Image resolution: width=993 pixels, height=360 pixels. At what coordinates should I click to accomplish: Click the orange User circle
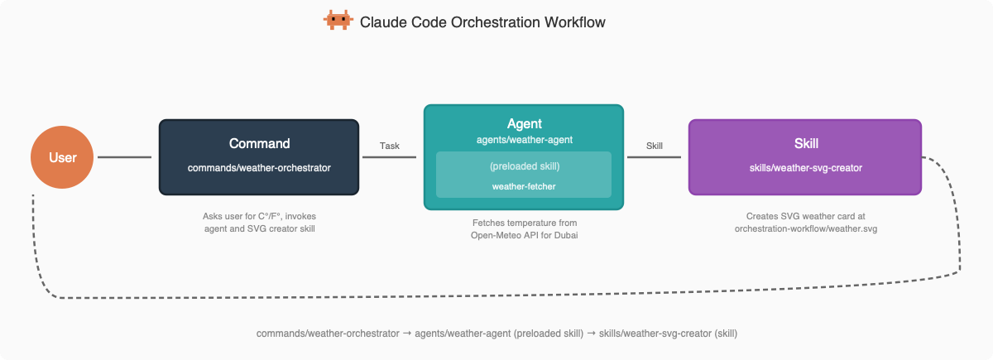click(x=62, y=157)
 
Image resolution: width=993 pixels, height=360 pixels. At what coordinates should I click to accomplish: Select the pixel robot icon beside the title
click(x=338, y=20)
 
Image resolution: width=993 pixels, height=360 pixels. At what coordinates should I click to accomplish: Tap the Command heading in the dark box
click(x=259, y=144)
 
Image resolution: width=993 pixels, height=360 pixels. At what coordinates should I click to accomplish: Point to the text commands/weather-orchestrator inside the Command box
click(x=259, y=168)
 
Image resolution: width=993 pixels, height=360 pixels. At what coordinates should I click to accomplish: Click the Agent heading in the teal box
click(x=525, y=123)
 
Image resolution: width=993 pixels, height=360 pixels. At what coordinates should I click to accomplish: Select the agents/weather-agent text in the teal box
click(x=525, y=140)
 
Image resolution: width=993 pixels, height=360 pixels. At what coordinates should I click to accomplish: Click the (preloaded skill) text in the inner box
click(x=525, y=166)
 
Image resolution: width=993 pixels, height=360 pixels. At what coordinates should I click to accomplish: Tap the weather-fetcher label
click(x=524, y=187)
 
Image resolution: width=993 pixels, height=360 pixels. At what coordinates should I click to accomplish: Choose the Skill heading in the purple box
click(x=806, y=144)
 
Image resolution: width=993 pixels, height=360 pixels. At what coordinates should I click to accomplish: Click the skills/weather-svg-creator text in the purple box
click(x=805, y=168)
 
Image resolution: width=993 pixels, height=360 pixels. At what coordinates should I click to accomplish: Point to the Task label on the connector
click(x=389, y=146)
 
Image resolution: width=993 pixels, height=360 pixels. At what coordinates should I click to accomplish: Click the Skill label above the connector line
click(x=655, y=146)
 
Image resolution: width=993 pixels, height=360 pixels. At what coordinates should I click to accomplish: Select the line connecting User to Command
click(x=125, y=157)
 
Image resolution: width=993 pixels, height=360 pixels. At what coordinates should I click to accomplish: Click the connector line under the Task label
click(x=389, y=157)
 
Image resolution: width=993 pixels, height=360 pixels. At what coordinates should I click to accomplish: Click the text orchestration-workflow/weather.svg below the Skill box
click(x=805, y=229)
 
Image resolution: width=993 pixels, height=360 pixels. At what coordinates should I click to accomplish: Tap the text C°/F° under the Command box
click(x=269, y=216)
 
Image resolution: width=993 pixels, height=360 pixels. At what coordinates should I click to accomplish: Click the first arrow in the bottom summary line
click(x=407, y=334)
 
